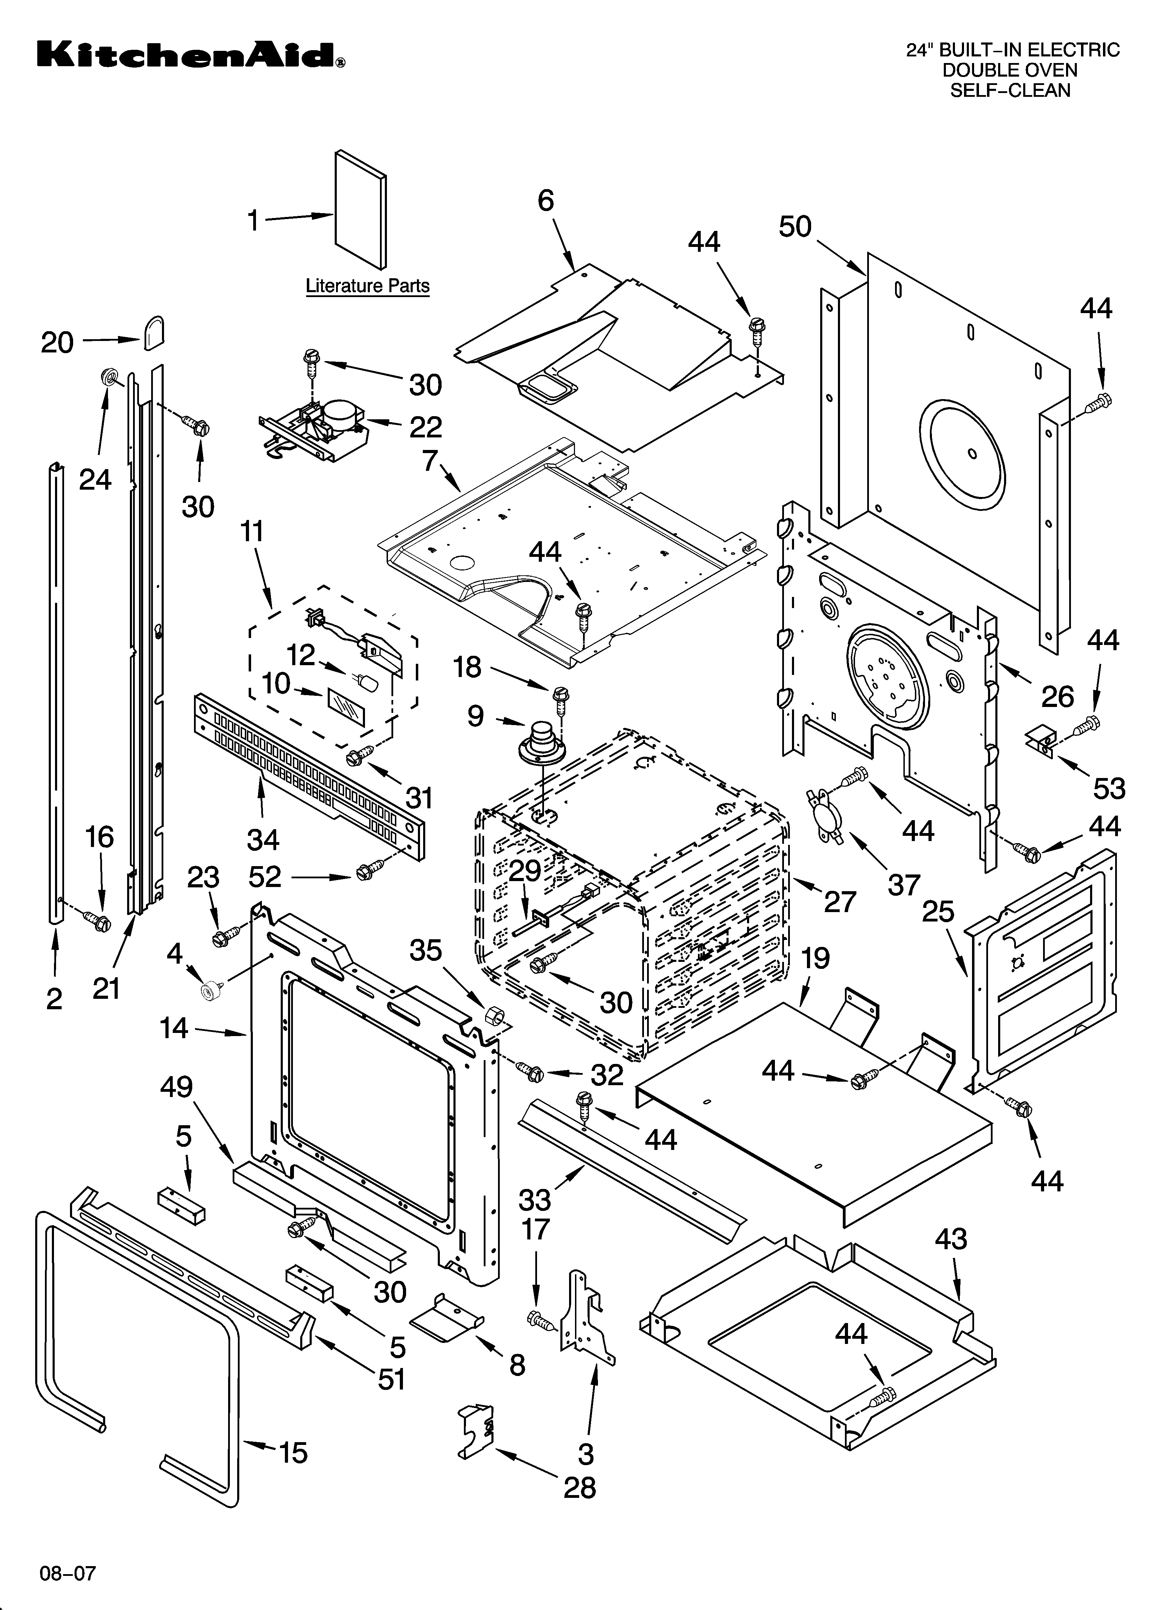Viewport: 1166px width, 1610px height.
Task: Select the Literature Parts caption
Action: pyautogui.click(x=367, y=286)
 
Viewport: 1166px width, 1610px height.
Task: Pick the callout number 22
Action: pyautogui.click(x=425, y=427)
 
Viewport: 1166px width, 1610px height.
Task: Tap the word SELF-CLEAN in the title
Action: pyautogui.click(x=1010, y=90)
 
